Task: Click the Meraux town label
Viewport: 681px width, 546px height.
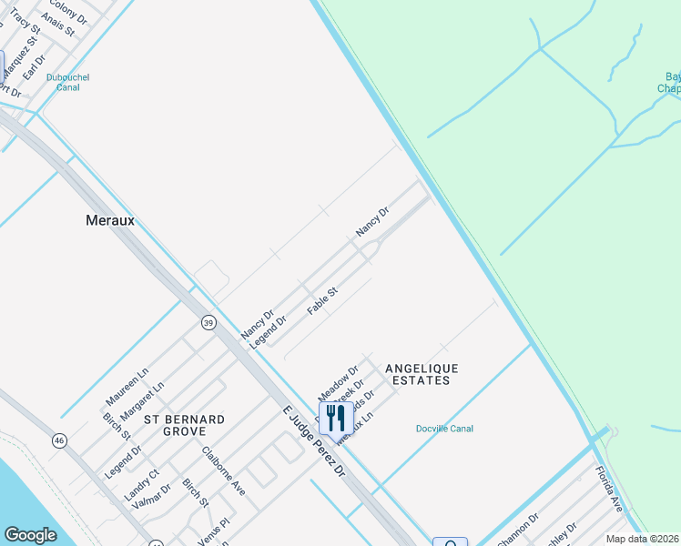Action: click(x=109, y=220)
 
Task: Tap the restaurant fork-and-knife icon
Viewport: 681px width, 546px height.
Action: click(x=336, y=418)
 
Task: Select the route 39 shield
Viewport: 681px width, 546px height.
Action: click(x=208, y=323)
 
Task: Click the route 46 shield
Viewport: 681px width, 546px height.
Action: click(x=59, y=440)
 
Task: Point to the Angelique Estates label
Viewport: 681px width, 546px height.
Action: click(x=422, y=374)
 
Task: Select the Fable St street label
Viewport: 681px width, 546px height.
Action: click(x=322, y=301)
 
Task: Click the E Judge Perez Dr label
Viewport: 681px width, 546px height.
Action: click(x=314, y=443)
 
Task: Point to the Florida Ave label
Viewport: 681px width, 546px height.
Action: click(x=608, y=489)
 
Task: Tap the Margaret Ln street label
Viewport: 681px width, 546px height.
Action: click(x=142, y=400)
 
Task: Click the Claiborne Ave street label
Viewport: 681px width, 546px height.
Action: click(x=224, y=470)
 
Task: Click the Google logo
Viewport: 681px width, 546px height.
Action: click(x=31, y=535)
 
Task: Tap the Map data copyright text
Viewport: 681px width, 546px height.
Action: click(x=642, y=539)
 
